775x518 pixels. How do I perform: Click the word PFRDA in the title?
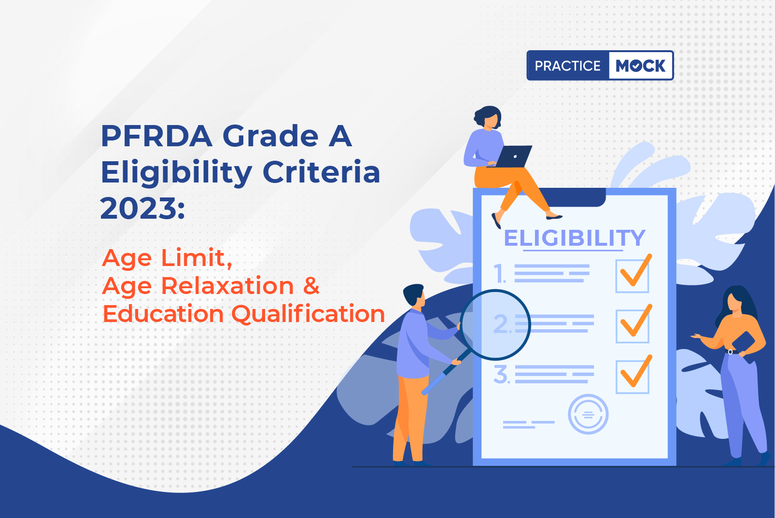coord(156,136)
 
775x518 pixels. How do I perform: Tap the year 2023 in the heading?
coord(139,208)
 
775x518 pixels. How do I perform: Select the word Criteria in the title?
coord(322,172)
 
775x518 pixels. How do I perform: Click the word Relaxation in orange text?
coord(227,286)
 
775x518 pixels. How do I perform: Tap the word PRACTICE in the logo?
coord(567,66)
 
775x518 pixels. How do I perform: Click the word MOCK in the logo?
coord(640,66)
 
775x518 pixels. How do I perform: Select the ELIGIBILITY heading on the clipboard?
coord(574,238)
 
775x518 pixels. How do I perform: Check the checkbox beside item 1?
coord(632,276)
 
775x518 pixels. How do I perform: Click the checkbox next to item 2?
coord(632,326)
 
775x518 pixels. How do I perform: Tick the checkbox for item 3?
coord(632,377)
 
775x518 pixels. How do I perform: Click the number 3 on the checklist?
coord(501,375)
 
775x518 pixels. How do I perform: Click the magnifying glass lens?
coord(495,325)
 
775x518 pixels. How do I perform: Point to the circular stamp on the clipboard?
coord(588,414)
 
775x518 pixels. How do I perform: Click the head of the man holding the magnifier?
coord(414,295)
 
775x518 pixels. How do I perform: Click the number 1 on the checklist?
coord(500,274)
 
